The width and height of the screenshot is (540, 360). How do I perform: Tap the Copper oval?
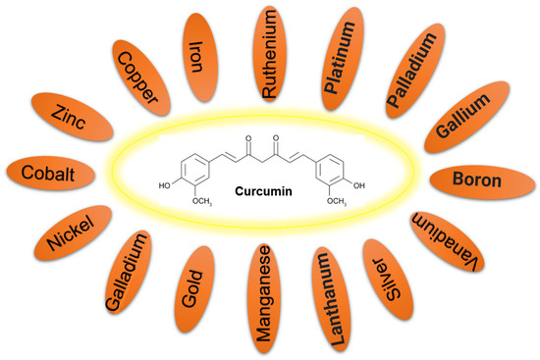click(x=139, y=77)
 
